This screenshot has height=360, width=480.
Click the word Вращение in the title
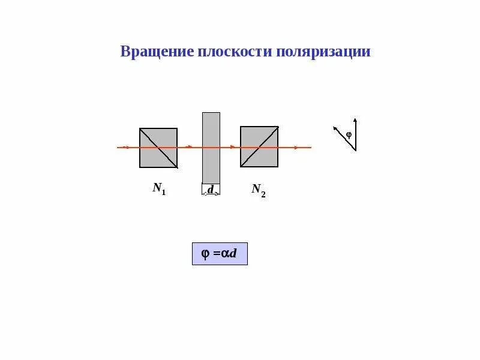click(157, 52)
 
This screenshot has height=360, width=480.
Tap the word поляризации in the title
click(323, 52)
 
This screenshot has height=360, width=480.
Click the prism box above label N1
click(158, 148)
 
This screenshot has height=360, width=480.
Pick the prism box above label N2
click(259, 146)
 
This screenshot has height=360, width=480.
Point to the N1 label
click(159, 188)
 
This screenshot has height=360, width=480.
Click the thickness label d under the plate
click(211, 190)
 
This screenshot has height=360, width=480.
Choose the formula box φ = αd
click(220, 254)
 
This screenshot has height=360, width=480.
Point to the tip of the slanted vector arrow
click(335, 127)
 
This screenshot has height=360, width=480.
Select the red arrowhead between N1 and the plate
click(190, 147)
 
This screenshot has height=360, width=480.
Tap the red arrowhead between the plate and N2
click(233, 147)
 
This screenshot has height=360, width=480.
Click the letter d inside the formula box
click(234, 254)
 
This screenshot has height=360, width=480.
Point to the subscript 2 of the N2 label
click(263, 194)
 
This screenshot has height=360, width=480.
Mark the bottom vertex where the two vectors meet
click(355, 150)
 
